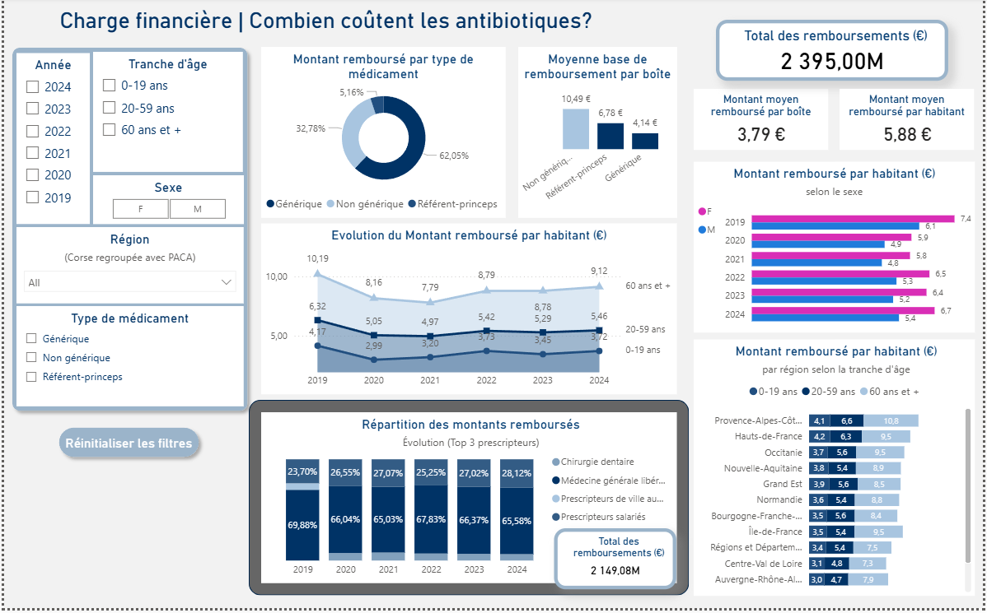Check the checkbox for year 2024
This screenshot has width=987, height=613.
pyautogui.click(x=32, y=86)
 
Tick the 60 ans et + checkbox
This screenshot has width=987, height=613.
pyautogui.click(x=109, y=129)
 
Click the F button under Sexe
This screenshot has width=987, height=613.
pyautogui.click(x=140, y=209)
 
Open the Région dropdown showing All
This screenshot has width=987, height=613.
pyautogui.click(x=129, y=282)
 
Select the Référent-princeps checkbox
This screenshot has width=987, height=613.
pyautogui.click(x=32, y=377)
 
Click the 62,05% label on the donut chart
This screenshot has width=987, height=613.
pyautogui.click(x=453, y=155)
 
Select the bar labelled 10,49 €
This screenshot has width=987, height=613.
pyautogui.click(x=575, y=128)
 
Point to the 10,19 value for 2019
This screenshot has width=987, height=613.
pyautogui.click(x=317, y=258)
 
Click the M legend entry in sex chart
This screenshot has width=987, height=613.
pyautogui.click(x=707, y=230)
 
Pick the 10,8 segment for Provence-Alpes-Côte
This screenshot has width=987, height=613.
pyautogui.click(x=891, y=420)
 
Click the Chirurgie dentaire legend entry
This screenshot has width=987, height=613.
pyautogui.click(x=597, y=462)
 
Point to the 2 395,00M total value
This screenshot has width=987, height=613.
pyautogui.click(x=831, y=61)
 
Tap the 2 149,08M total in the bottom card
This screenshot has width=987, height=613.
pyautogui.click(x=615, y=569)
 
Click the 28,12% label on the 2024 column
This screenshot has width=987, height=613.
pyautogui.click(x=516, y=472)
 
